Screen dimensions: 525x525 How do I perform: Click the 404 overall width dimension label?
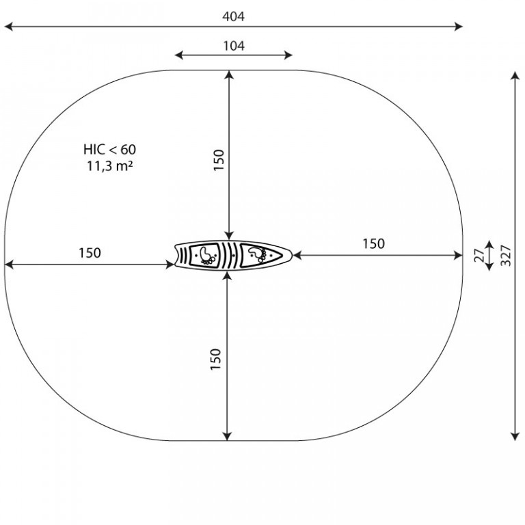pyautogui.click(x=233, y=16)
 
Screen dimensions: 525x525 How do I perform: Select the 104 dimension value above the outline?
pyautogui.click(x=234, y=46)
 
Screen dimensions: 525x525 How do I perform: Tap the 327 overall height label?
pyautogui.click(x=506, y=256)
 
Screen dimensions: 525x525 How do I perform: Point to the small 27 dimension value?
pyautogui.click(x=479, y=256)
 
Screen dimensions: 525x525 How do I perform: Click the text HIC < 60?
pyautogui.click(x=109, y=149)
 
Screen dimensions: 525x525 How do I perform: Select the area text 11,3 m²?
pyautogui.click(x=110, y=165)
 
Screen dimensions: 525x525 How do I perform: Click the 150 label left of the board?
pyautogui.click(x=90, y=253)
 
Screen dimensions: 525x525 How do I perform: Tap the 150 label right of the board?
pyautogui.click(x=373, y=244)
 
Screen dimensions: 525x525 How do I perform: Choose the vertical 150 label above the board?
pyautogui.click(x=219, y=160)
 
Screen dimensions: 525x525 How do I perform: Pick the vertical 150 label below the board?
pyautogui.click(x=216, y=360)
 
